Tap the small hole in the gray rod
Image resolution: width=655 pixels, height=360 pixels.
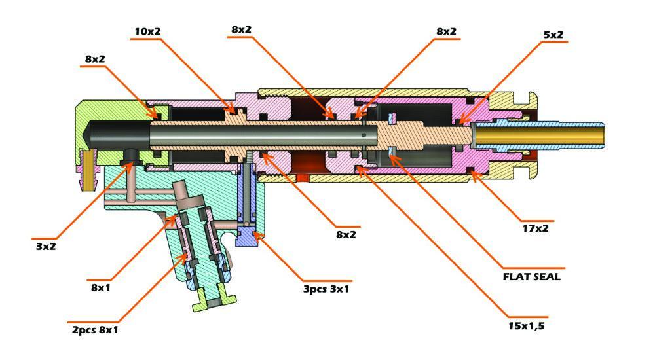click(364, 136)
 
